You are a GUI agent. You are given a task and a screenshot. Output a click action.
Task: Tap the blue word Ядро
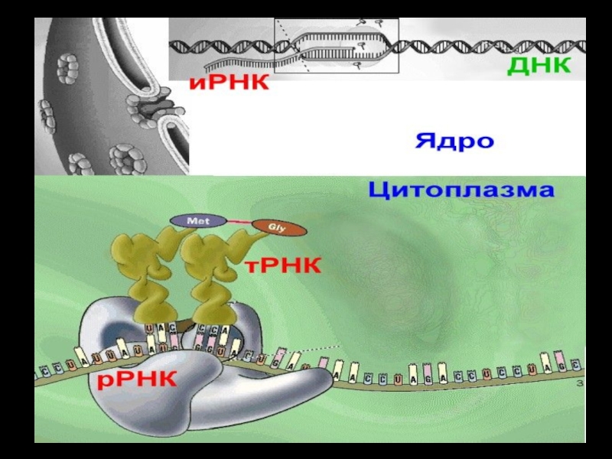pyautogui.click(x=454, y=142)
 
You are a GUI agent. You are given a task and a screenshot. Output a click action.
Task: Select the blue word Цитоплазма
pyautogui.click(x=461, y=190)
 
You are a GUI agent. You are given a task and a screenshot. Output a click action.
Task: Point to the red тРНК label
pyautogui.click(x=283, y=265)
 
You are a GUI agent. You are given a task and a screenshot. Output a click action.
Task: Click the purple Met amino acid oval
pyautogui.click(x=193, y=220)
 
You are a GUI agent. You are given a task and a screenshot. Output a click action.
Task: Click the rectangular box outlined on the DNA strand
pyautogui.click(x=337, y=46)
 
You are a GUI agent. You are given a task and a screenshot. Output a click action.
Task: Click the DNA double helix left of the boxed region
pyautogui.click(x=222, y=46)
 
